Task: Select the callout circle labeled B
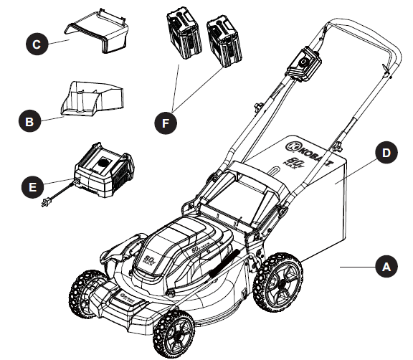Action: point(29,122)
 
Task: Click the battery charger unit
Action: point(104,170)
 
